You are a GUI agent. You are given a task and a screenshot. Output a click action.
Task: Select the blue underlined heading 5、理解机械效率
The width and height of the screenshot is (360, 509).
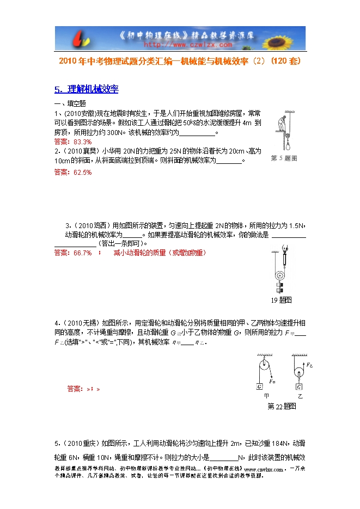[x=87, y=90]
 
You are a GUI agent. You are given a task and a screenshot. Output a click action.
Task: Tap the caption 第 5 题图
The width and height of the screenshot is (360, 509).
[x=284, y=158]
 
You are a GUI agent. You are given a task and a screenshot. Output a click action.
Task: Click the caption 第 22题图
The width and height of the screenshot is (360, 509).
[x=282, y=407]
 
